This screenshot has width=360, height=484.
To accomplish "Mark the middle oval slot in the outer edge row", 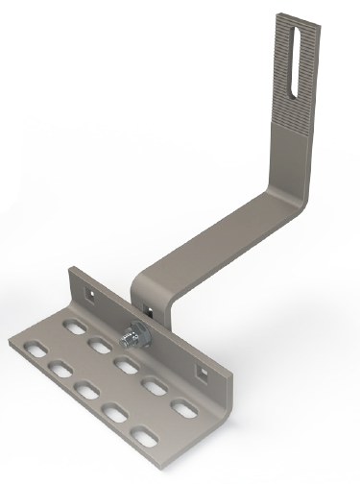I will (84, 392).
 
